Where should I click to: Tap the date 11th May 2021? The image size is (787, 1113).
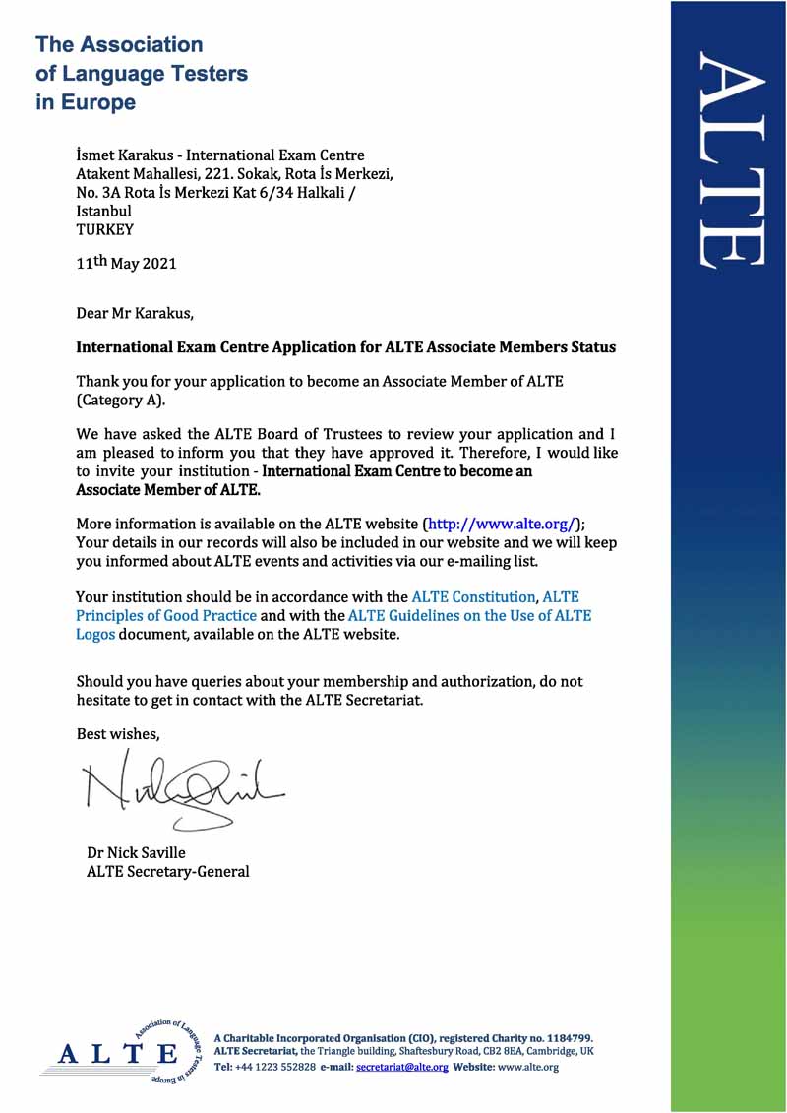point(127,263)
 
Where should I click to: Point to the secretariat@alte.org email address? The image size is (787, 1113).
point(401,1067)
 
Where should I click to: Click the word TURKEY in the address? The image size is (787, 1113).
point(104,229)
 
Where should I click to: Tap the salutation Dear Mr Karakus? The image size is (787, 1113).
point(135,314)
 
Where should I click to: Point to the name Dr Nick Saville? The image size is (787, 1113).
point(136,852)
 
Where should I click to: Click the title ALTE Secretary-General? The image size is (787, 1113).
point(167,871)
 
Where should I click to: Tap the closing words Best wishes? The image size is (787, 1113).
point(117,733)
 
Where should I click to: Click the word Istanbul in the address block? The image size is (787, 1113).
point(103,211)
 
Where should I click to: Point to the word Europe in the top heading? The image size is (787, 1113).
point(98,102)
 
